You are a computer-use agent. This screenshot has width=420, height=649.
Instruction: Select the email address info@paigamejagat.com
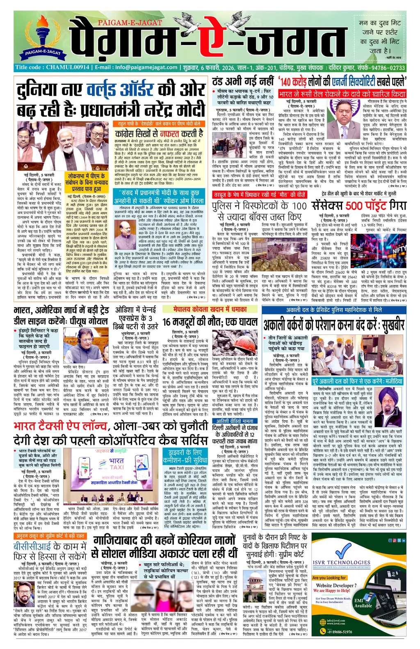click(146, 67)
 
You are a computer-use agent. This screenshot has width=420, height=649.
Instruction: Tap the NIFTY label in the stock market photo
click(399, 249)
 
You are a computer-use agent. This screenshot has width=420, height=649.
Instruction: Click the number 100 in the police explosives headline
click(299, 205)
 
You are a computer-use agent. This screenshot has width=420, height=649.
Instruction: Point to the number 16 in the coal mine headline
click(166, 322)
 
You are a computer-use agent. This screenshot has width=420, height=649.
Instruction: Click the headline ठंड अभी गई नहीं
click(242, 81)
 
